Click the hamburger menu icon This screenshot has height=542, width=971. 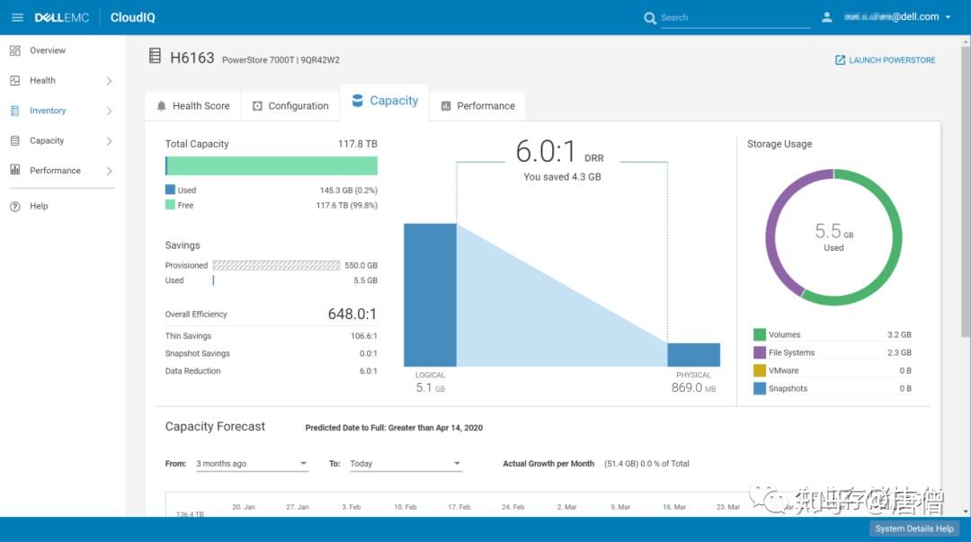coord(17,17)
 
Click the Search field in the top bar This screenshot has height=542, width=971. coord(733,17)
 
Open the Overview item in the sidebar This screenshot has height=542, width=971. coord(47,50)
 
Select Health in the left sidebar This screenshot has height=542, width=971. coord(42,81)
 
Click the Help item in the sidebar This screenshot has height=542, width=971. coord(39,206)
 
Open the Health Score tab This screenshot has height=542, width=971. coord(192,106)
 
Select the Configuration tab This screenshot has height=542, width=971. coord(290,106)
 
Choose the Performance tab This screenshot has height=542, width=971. coord(477,106)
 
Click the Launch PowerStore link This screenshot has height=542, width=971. coord(885,60)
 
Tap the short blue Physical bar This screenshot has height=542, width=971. coord(693,355)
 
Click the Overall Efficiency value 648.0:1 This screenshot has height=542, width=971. coord(352,315)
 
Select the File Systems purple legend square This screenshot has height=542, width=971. coord(760,353)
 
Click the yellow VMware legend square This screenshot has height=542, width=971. coord(760,370)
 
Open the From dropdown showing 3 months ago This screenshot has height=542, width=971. coord(252,464)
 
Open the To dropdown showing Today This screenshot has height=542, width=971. coord(405,464)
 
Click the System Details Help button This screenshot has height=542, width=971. coord(914,529)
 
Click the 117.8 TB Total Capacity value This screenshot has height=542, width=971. coord(357,144)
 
